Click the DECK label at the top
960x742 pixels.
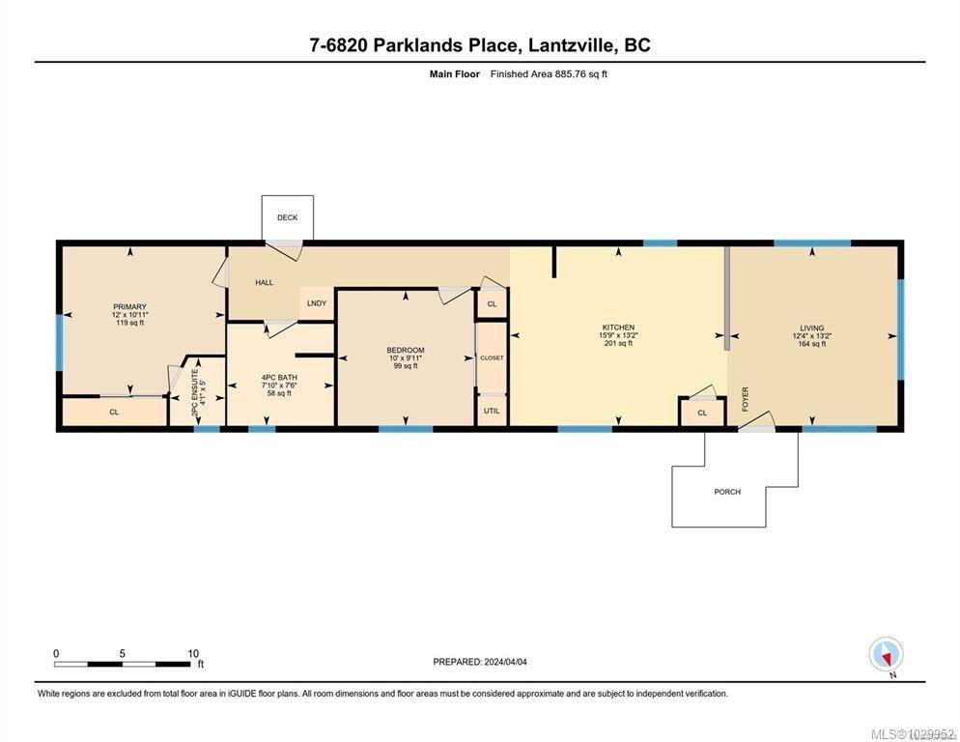click(x=287, y=218)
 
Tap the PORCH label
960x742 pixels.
click(x=727, y=492)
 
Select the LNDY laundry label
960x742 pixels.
click(x=317, y=303)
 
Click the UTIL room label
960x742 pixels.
click(x=492, y=411)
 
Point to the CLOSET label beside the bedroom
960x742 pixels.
click(x=492, y=357)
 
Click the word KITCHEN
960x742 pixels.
click(x=618, y=328)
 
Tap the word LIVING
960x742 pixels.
click(x=811, y=328)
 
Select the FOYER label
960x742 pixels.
click(x=745, y=399)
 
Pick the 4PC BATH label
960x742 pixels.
click(x=279, y=377)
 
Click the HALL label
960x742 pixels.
click(x=264, y=283)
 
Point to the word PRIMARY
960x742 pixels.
click(x=128, y=307)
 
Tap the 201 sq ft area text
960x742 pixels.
click(x=618, y=344)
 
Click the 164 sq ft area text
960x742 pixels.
click(x=811, y=344)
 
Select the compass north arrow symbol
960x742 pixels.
click(x=886, y=654)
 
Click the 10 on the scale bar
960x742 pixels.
click(x=192, y=653)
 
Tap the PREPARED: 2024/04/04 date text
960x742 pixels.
click(x=480, y=662)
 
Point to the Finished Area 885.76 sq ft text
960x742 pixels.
click(x=549, y=73)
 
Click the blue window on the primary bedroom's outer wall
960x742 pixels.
click(x=59, y=343)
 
